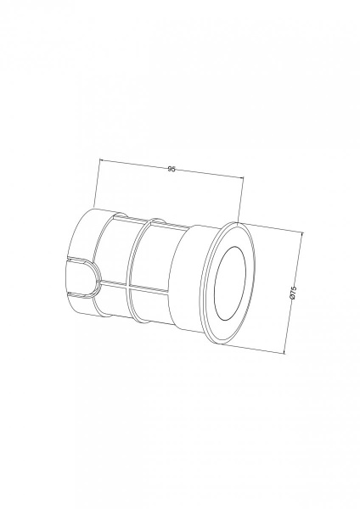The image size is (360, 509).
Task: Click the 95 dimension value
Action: pos(172,169)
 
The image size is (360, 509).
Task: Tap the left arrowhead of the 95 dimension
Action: pos(100,160)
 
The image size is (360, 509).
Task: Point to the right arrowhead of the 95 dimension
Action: pos(241,177)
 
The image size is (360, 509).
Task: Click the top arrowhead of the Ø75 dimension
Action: pos(301,233)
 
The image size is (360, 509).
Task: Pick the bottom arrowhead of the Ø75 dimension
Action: pos(284,351)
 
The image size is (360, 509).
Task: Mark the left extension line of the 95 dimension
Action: pos(97,184)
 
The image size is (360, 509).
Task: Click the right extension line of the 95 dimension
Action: pos(241,200)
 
